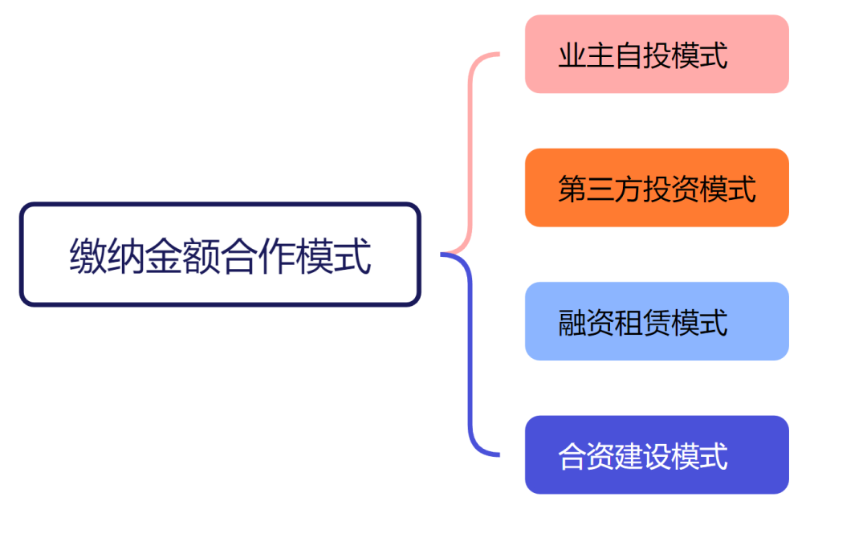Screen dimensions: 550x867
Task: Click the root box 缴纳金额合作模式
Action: [x=220, y=255]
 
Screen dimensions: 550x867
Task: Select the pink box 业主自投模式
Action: [x=657, y=54]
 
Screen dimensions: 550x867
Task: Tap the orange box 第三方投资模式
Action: [x=657, y=188]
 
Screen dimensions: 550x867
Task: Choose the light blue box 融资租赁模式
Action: [x=657, y=321]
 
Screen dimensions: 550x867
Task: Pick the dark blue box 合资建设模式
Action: [x=657, y=454]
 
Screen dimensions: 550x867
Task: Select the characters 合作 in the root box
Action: [x=258, y=256]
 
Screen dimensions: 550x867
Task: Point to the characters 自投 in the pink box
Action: [x=643, y=55]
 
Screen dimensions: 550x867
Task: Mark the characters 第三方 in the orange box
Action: [x=600, y=189]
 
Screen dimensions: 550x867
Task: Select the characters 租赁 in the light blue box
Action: [x=643, y=323]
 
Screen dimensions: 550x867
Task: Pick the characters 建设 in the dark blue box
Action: [x=643, y=456]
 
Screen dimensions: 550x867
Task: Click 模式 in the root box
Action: [x=333, y=256]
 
